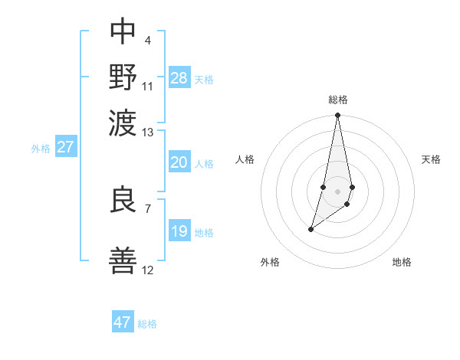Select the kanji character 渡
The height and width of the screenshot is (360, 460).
[123, 121]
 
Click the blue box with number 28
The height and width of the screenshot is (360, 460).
[179, 77]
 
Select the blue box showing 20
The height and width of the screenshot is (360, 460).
[179, 162]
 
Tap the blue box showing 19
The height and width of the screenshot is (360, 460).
[179, 231]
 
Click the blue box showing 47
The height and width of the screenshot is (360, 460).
[123, 322]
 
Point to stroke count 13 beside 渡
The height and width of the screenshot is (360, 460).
[148, 133]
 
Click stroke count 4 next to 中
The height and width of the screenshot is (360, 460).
[147, 40]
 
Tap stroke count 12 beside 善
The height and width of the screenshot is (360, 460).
[148, 270]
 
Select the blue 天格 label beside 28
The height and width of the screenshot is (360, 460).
[204, 80]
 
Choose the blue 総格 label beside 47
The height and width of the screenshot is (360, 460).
[147, 324]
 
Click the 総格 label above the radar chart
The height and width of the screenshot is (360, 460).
[338, 100]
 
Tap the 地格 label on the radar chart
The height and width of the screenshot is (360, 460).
[402, 262]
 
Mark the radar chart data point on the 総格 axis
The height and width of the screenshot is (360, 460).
[337, 115]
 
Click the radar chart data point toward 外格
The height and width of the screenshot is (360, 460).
[310, 229]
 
